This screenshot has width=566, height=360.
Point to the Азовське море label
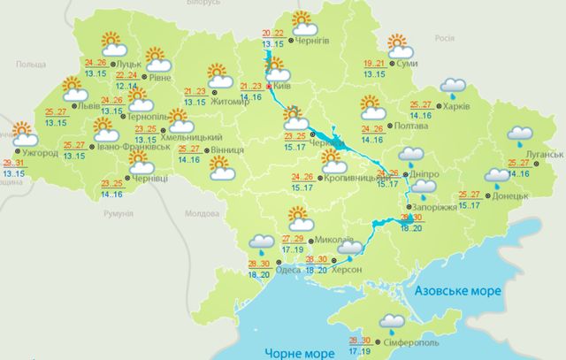point(458,292)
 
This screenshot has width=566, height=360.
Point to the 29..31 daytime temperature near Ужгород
point(14,165)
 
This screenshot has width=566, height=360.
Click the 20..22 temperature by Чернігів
point(274,34)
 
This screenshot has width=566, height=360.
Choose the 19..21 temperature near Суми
point(375,64)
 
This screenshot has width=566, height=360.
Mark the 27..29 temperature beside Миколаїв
point(293,240)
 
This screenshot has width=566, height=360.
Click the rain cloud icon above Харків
point(454,87)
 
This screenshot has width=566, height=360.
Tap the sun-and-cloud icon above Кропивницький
point(333,162)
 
